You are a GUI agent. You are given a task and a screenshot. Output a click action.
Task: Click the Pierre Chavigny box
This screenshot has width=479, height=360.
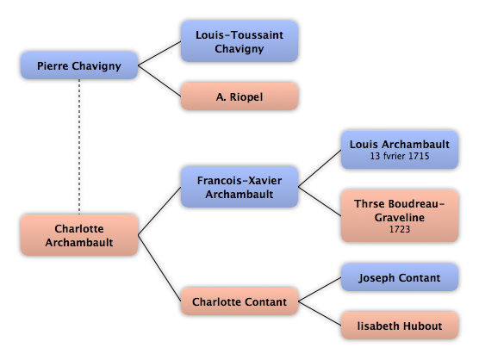79,65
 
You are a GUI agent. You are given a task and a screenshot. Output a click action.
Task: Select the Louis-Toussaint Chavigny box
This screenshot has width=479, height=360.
239,41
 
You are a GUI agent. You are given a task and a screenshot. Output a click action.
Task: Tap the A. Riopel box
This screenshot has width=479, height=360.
239,96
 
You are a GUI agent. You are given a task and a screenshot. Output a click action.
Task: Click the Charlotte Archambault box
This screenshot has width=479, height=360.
79,235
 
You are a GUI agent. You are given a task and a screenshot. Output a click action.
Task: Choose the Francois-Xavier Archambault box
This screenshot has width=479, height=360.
239,187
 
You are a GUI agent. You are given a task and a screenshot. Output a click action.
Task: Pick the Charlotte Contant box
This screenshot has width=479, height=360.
239,301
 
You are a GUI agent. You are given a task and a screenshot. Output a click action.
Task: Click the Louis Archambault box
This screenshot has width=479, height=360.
400,150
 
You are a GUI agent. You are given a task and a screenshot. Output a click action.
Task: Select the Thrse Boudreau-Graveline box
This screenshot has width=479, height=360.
400,216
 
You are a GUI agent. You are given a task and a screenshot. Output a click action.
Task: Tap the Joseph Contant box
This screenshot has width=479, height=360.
400,277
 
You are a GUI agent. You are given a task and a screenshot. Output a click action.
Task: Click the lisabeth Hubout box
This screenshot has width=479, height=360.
400,326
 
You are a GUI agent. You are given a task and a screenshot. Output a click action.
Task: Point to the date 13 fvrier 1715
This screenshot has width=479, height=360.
400,156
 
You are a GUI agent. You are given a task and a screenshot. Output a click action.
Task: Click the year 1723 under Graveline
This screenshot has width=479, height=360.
400,229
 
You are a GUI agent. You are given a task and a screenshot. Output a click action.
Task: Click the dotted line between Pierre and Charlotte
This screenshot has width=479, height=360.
79,146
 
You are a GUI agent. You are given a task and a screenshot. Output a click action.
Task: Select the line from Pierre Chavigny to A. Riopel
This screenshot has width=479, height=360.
159,81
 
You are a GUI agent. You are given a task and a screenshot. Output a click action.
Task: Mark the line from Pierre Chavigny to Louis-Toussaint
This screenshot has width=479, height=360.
159,53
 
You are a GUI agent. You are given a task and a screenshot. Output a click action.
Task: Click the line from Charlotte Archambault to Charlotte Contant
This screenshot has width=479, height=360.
159,269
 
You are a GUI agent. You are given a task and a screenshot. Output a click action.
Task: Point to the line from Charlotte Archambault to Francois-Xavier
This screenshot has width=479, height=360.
159,211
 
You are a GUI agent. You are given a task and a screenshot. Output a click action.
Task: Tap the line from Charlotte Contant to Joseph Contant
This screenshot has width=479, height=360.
320,289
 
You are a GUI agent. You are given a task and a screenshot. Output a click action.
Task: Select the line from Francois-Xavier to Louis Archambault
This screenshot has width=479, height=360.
320,168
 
